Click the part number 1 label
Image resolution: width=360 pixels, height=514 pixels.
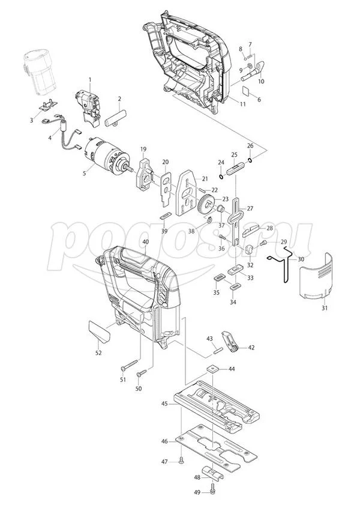(90, 80)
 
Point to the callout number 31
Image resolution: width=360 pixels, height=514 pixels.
(324, 307)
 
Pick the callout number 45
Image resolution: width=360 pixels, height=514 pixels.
(164, 404)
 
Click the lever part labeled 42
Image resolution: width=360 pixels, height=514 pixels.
(230, 343)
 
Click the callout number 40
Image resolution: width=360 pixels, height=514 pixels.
(145, 241)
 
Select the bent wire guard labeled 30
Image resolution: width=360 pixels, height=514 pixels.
(282, 267)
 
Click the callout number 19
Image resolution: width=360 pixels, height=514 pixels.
(143, 149)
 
